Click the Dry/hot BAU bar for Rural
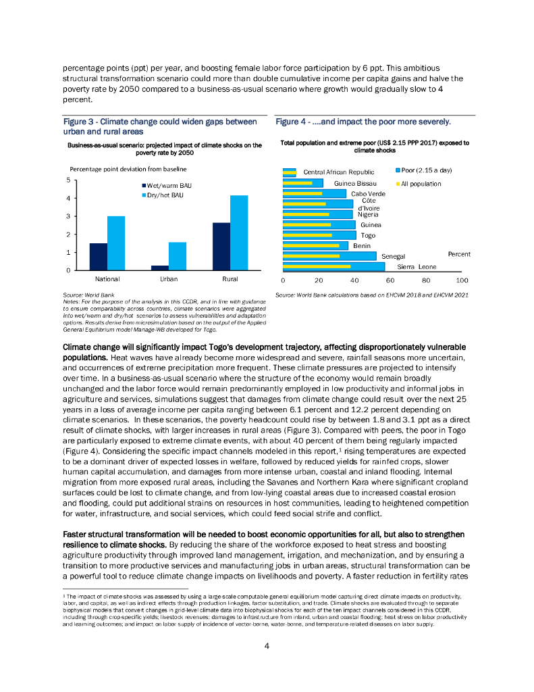pyautogui.click(x=239, y=232)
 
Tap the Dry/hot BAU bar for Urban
pyautogui.click(x=178, y=256)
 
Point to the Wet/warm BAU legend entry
pyautogui.click(x=164, y=186)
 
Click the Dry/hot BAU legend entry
pyautogui.click(x=162, y=196)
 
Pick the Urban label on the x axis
pyautogui.click(x=169, y=278)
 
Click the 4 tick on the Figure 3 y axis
pyautogui.click(x=68, y=198)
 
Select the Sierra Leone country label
pyautogui.click(x=417, y=267)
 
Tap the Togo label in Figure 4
pyautogui.click(x=368, y=235)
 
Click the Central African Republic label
pyautogui.click(x=338, y=172)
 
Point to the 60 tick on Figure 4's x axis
pyautogui.click(x=390, y=279)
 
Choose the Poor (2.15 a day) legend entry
pyautogui.click(x=423, y=170)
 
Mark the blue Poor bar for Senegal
pyautogui.click(x=329, y=256)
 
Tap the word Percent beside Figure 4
pyautogui.click(x=459, y=254)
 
